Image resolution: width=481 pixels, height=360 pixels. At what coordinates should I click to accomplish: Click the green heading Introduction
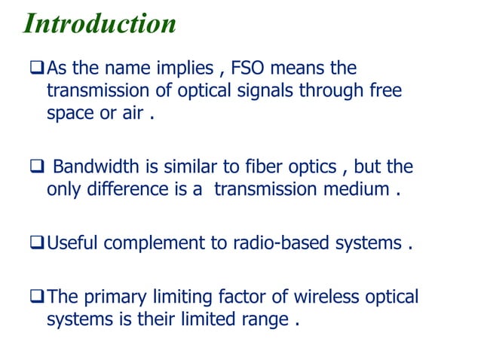tap(100, 23)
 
